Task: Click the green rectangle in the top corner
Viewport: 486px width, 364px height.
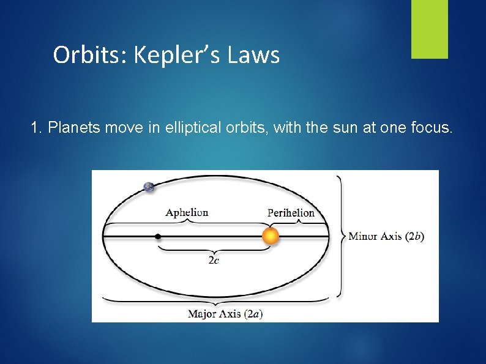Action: coord(429,29)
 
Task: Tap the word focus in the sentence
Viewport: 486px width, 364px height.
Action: coord(432,128)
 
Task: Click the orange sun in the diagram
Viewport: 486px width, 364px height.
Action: coord(271,236)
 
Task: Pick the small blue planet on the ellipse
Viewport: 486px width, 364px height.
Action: coord(149,187)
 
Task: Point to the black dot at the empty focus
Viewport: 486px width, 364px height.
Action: coord(158,236)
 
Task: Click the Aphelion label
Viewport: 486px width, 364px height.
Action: coord(187,213)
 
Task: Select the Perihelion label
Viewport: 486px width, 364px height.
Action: coord(291,213)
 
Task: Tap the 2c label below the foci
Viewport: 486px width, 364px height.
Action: coord(214,260)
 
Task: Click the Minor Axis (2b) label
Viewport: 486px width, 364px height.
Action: coord(386,236)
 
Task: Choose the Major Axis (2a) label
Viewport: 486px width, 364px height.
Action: coord(225,314)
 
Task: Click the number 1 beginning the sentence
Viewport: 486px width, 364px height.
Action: coord(34,128)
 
